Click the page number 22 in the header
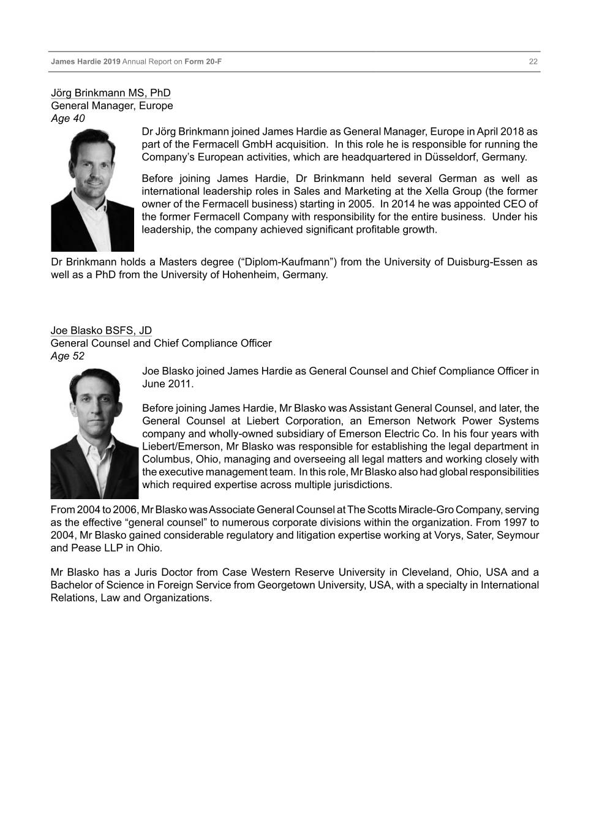(533, 62)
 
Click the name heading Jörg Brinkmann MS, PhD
(110, 93)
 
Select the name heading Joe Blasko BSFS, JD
(101, 331)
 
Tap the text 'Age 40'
(67, 118)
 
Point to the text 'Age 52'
(67, 356)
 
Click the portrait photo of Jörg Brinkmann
(92, 189)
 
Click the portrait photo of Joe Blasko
(94, 432)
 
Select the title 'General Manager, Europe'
(111, 106)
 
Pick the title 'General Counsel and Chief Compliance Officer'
(160, 344)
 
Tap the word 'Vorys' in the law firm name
(434, 535)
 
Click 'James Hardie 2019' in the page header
(86, 62)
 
